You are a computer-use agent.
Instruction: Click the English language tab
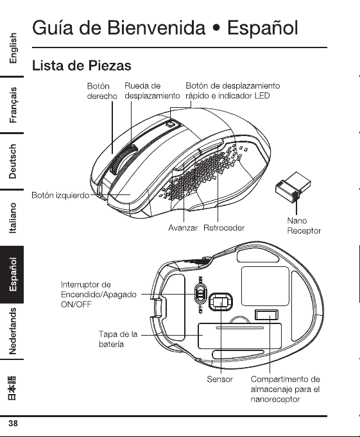[x=13, y=48]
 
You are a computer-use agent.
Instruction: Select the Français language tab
[x=13, y=105]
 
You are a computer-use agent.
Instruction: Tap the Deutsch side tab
[x=13, y=161]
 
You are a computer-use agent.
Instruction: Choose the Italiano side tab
[x=13, y=218]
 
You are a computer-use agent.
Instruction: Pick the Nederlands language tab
[x=13, y=331]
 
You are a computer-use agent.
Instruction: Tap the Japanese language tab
[x=12, y=388]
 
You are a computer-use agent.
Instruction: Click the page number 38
[x=13, y=424]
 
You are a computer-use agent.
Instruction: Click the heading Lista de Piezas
[x=81, y=65]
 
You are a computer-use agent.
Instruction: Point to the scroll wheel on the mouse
[x=123, y=160]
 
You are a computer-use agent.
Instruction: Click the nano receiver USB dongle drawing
[x=293, y=187]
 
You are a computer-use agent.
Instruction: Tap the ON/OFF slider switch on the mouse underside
[x=201, y=295]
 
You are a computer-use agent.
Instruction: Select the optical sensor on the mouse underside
[x=220, y=302]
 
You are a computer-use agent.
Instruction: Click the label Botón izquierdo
[x=60, y=195]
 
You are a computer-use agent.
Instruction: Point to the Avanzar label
[x=183, y=228]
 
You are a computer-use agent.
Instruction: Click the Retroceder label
[x=224, y=228]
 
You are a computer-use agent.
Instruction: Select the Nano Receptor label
[x=304, y=226]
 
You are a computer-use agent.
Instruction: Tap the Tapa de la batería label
[x=118, y=339]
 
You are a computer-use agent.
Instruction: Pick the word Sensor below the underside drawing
[x=220, y=379]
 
